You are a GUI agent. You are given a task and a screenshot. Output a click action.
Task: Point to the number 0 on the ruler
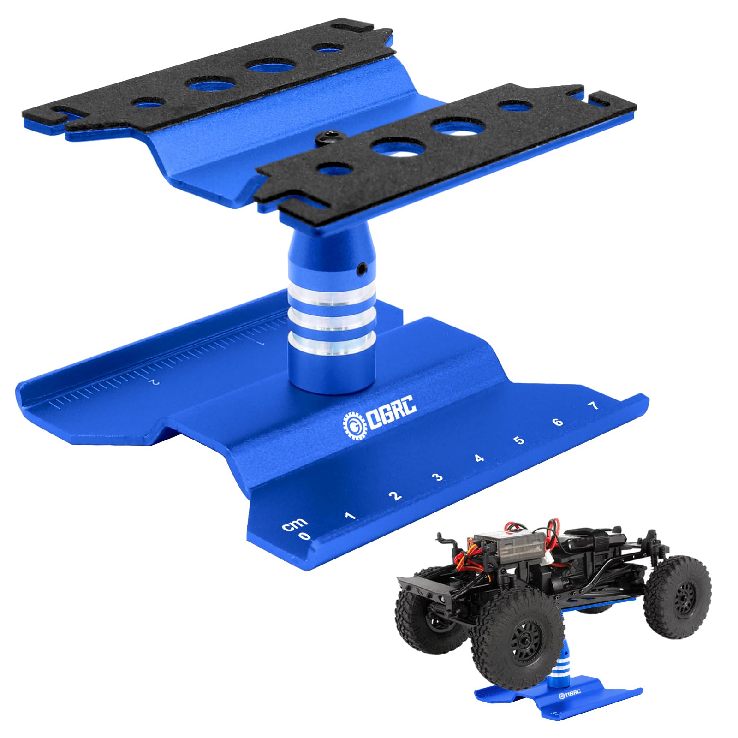(x=304, y=536)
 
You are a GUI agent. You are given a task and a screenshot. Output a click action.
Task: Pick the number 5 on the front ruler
(x=520, y=440)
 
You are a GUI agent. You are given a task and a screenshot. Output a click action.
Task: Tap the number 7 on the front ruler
(x=594, y=406)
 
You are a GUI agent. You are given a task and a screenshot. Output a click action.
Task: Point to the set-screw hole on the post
(x=363, y=268)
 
